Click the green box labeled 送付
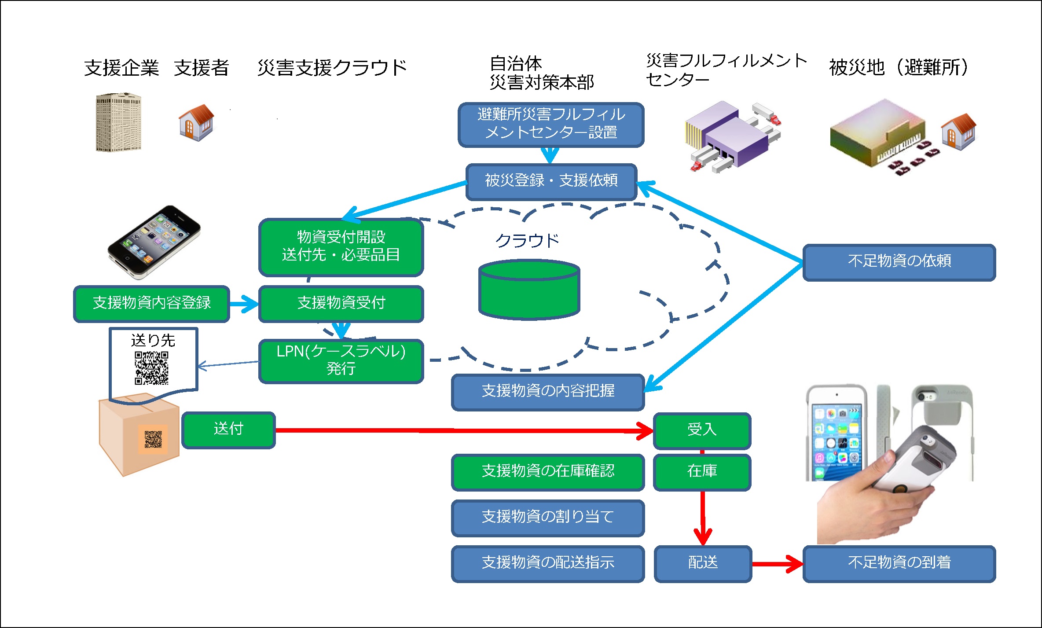pyautogui.click(x=228, y=430)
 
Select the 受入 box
pyautogui.click(x=702, y=430)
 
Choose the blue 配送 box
pyautogui.click(x=703, y=564)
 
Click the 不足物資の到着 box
pyautogui.click(x=899, y=564)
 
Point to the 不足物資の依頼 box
pyautogui.click(x=899, y=262)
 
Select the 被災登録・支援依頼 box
pyautogui.click(x=551, y=182)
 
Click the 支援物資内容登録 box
pyautogui.click(x=151, y=304)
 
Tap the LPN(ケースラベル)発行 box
pyautogui.click(x=341, y=361)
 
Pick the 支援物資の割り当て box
pyautogui.click(x=548, y=518)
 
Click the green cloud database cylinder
pyautogui.click(x=529, y=289)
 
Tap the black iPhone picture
pyautogui.click(x=154, y=242)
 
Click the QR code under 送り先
pyautogui.click(x=151, y=368)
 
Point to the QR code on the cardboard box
pyautogui.click(x=153, y=439)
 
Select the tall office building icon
pyautogui.click(x=118, y=122)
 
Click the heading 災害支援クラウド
pyautogui.click(x=332, y=68)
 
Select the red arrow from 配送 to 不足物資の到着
pyautogui.click(x=778, y=564)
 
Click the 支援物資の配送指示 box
pyautogui.click(x=548, y=564)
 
